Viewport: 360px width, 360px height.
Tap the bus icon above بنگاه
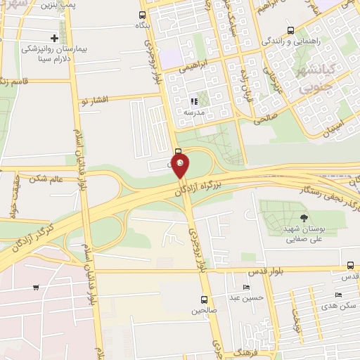(x=143, y=15)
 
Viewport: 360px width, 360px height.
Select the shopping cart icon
(x=36, y=288)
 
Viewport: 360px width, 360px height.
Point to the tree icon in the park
(x=304, y=218)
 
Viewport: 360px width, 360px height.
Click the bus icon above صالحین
(x=204, y=299)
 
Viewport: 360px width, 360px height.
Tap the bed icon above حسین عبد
(x=245, y=288)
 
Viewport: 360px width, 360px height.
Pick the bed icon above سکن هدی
(x=339, y=295)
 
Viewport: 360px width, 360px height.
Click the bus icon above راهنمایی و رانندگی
(x=291, y=30)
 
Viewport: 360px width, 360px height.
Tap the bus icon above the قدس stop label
(x=350, y=266)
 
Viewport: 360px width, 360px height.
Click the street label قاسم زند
(x=14, y=81)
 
